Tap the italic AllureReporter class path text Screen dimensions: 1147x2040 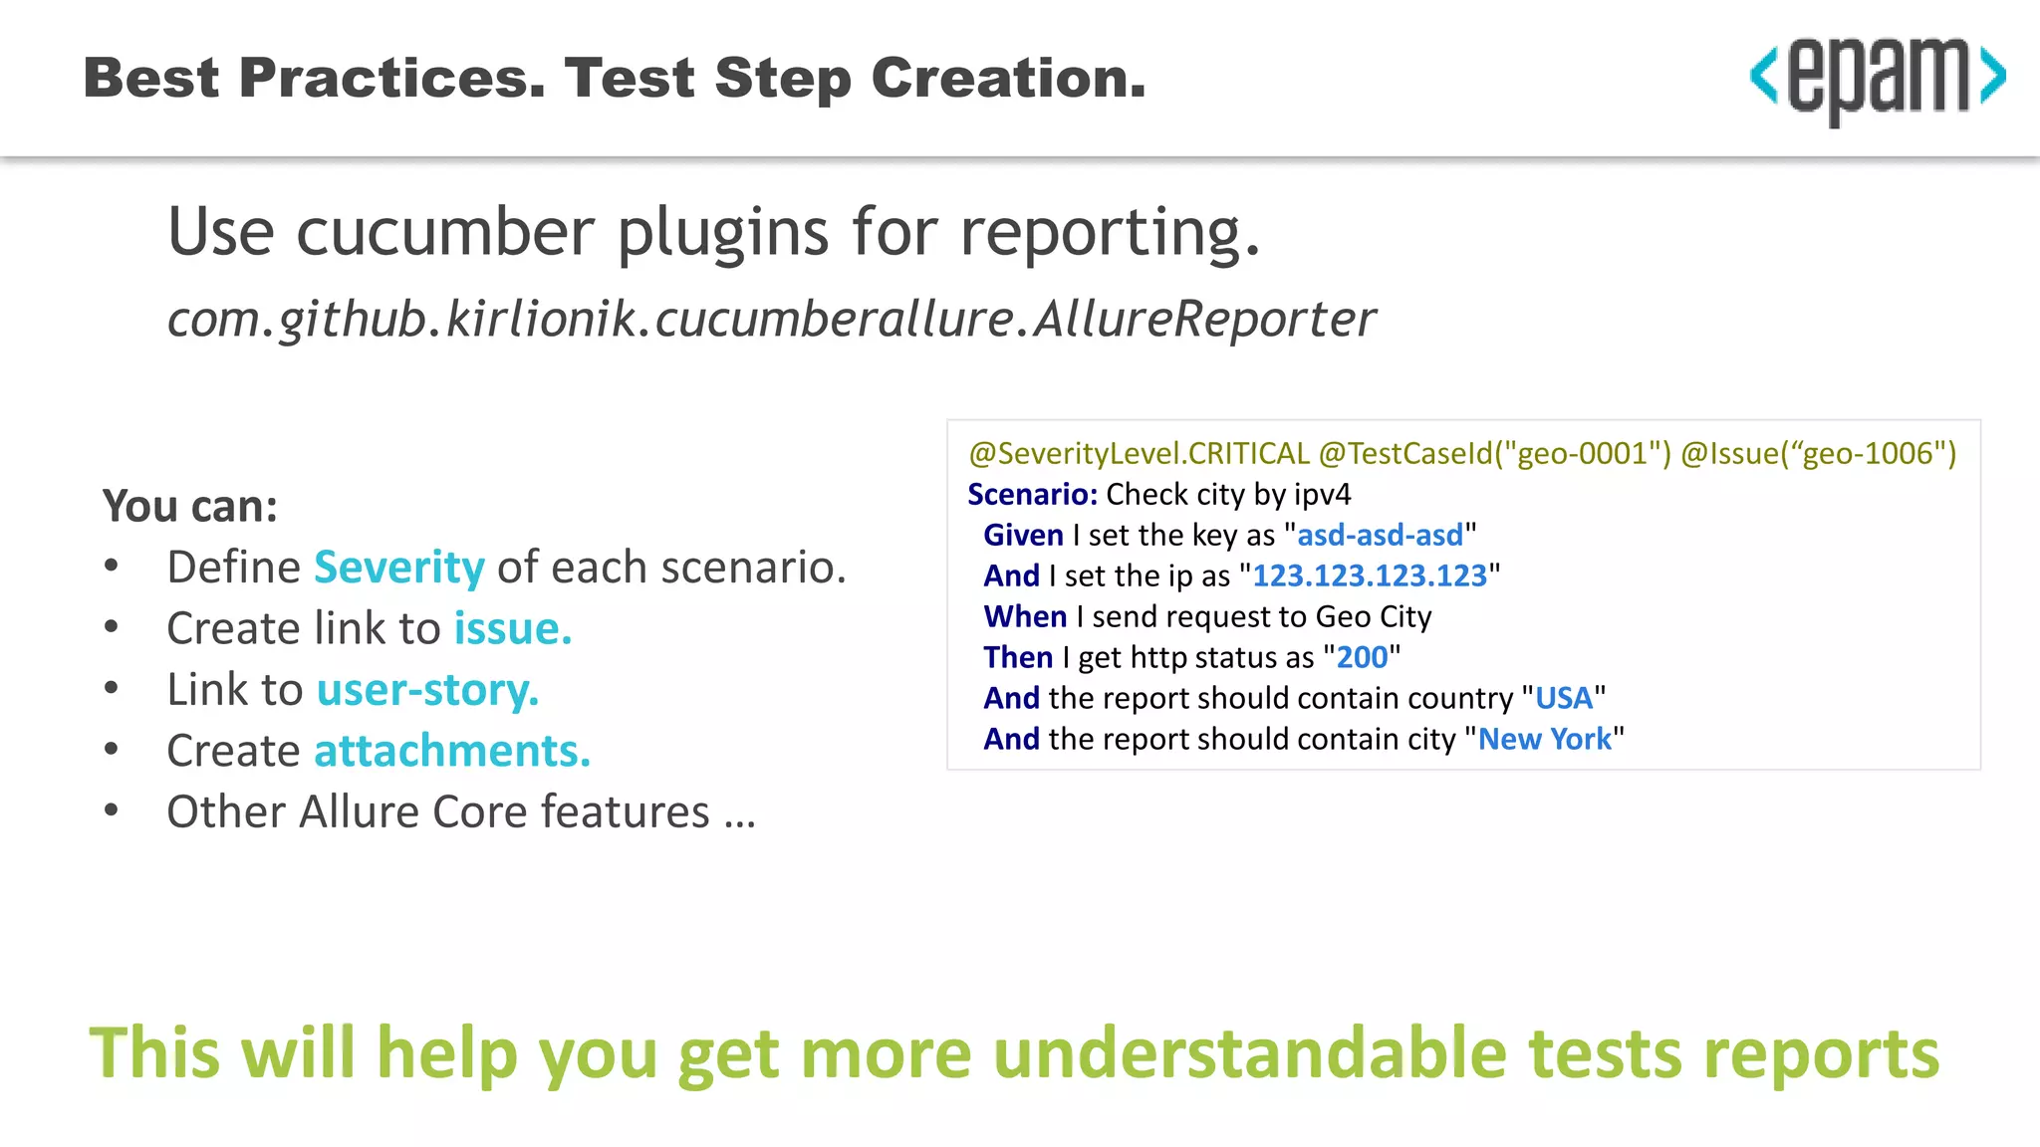(770, 319)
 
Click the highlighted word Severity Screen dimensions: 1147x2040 (399, 568)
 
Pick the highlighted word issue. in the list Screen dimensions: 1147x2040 (513, 629)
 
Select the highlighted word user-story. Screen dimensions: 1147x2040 (427, 690)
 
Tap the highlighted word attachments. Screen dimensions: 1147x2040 (452, 751)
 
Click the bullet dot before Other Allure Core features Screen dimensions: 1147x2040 (112, 810)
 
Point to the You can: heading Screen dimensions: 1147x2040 (189, 506)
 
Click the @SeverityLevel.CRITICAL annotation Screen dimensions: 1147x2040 (1139, 454)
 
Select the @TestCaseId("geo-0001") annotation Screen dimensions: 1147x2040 (1494, 454)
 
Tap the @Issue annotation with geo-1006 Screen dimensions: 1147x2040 (1818, 454)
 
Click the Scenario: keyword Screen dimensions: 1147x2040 (1032, 495)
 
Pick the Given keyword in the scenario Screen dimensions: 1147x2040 (1023, 536)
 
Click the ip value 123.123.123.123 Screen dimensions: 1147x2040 (1369, 576)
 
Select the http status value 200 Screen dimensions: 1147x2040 (1362, 658)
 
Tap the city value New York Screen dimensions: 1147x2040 (1544, 740)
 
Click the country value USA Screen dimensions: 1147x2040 (1563, 699)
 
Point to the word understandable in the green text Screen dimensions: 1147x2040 (1250, 1053)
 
